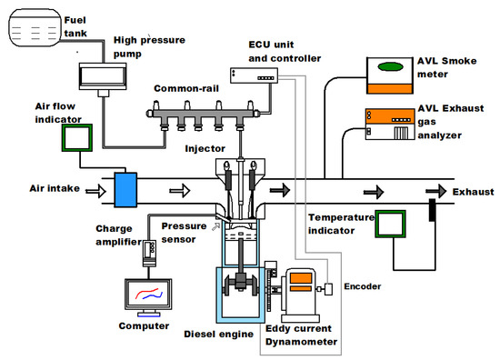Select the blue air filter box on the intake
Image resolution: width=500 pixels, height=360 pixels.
125,190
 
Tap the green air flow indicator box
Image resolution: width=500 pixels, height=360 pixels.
77,137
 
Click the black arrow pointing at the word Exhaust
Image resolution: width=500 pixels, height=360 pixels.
435,192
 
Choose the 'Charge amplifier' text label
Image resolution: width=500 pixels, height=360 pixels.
118,235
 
